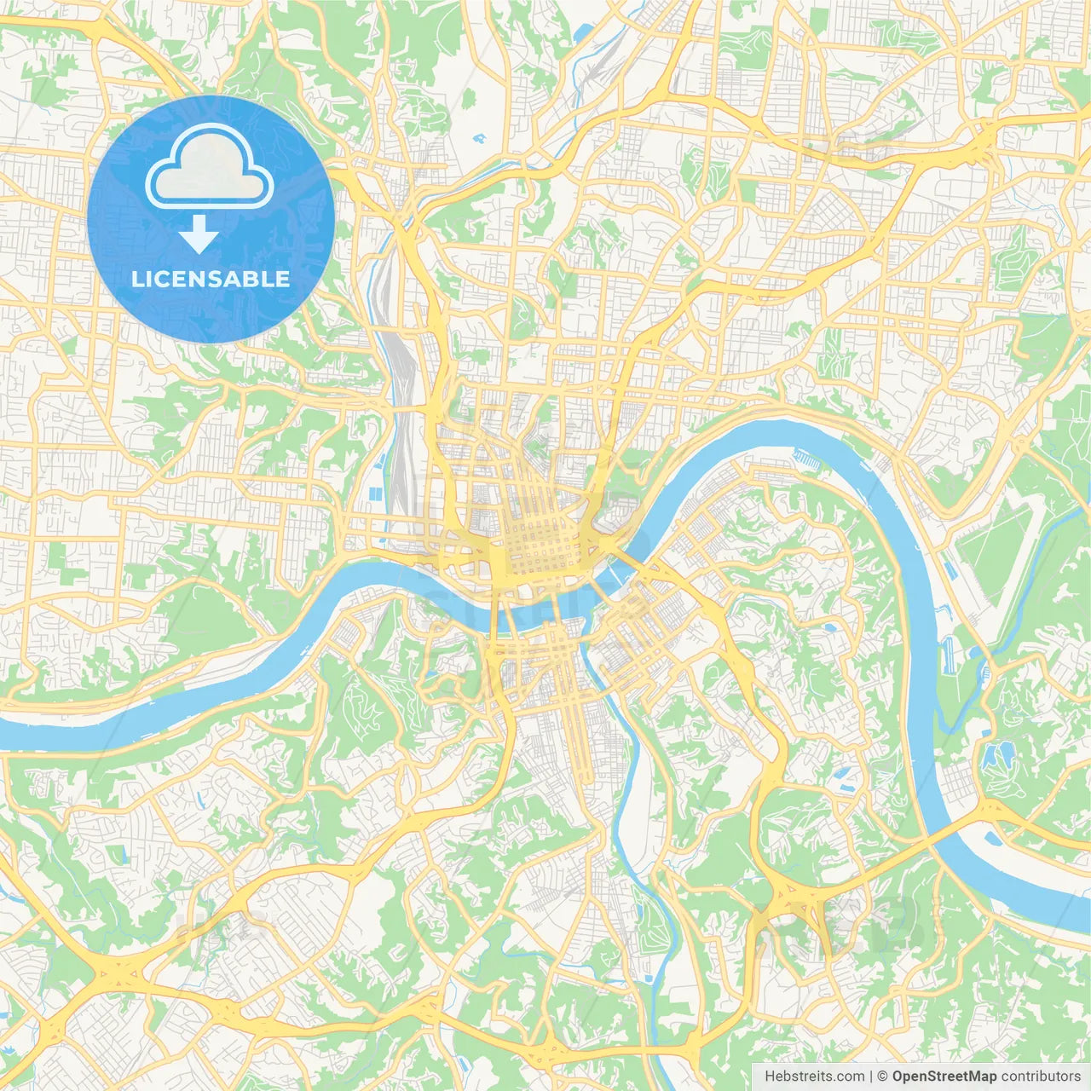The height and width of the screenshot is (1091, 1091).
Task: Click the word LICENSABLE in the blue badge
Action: [x=211, y=279]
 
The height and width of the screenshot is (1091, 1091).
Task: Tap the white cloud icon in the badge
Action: [x=210, y=168]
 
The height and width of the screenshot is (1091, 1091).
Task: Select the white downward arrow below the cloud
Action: [x=199, y=234]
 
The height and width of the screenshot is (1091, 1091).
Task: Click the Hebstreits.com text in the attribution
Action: [x=813, y=1077]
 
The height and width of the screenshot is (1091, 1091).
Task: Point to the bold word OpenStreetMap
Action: [x=944, y=1077]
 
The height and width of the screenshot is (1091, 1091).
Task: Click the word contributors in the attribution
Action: [x=1041, y=1077]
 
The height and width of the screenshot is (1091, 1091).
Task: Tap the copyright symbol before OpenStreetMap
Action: [x=883, y=1077]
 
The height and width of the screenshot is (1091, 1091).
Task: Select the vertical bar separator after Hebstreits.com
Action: [x=870, y=1077]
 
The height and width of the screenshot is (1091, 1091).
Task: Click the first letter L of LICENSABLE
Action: [x=137, y=279]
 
